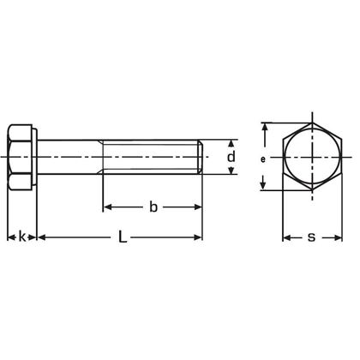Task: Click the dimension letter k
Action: [x=22, y=237]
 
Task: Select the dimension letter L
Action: [x=122, y=237]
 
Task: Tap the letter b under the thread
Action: [x=153, y=207]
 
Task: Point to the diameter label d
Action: [x=231, y=158]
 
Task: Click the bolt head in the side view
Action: [x=22, y=159]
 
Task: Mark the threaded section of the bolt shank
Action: [x=153, y=159]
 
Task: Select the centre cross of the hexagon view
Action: [x=309, y=159]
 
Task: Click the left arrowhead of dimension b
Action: [x=107, y=207]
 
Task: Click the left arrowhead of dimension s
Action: [x=287, y=237]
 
